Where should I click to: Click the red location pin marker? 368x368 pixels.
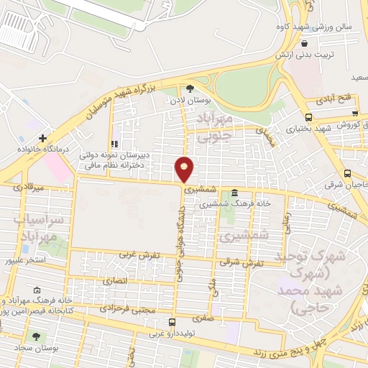coord(184,169)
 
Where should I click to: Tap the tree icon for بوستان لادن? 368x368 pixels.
coord(190,88)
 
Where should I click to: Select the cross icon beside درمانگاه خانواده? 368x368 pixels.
coord(43,137)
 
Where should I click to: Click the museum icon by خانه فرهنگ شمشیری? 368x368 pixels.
coord(236,193)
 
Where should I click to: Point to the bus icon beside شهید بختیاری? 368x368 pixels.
coord(308,117)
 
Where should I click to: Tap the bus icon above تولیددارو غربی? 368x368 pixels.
coord(171,322)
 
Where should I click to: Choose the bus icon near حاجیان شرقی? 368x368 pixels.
coord(348,173)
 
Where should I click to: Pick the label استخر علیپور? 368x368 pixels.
coord(25,259)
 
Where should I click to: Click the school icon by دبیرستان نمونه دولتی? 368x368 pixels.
coord(114,144)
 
